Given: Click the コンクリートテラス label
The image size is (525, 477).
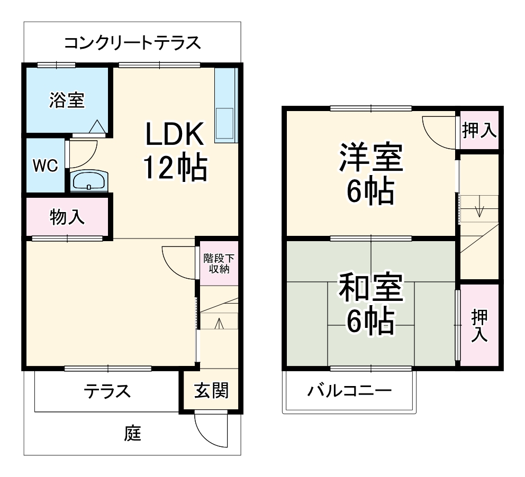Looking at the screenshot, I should (132, 43).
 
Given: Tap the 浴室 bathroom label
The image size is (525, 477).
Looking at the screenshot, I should (67, 100).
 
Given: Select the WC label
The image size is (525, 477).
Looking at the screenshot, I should (46, 166).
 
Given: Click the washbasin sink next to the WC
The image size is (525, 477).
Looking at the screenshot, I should (88, 181).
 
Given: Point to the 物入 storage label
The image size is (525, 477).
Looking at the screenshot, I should (67, 217).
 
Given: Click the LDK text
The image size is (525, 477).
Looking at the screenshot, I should (175, 135).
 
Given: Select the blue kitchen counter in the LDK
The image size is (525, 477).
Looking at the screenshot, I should (224, 106).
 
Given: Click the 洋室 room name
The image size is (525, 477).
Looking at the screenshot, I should (370, 157).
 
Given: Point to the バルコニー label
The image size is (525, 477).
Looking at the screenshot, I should (350, 391).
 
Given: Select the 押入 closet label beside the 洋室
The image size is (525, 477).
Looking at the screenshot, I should (479, 130).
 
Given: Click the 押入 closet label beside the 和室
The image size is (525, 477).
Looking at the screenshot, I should (479, 325).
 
